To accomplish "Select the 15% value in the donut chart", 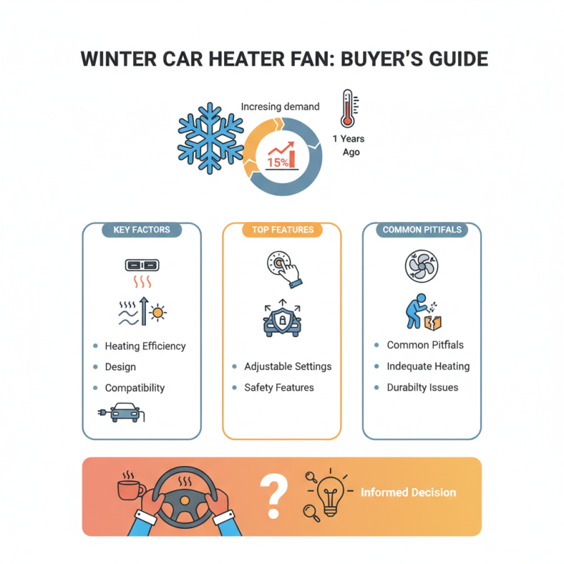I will tap(277, 161).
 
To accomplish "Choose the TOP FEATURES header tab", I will tap(282, 230).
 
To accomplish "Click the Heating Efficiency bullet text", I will tap(145, 346).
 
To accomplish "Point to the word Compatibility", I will tap(135, 388).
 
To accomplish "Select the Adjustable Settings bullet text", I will tap(288, 367).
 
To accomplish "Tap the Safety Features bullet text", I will tap(279, 387).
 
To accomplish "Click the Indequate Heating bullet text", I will tap(428, 367).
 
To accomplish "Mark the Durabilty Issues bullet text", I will tap(422, 387).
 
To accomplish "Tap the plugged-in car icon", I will tap(122, 413).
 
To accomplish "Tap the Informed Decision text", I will tap(408, 493).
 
